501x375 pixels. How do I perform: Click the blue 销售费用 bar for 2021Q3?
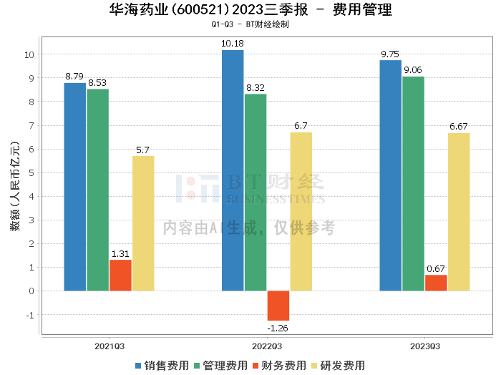tap(74, 187)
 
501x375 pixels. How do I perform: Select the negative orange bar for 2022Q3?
tap(278, 306)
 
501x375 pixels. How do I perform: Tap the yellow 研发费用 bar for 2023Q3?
tap(459, 212)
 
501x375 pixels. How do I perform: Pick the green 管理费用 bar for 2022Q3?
tap(256, 193)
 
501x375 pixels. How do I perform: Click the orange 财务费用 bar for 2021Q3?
tap(120, 276)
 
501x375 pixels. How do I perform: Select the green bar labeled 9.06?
tap(413, 184)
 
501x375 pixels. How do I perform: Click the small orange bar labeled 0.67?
tap(436, 283)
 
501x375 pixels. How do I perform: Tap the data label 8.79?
tap(74, 76)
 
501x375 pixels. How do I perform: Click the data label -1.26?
tap(278, 328)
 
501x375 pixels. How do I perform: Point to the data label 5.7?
tap(142, 150)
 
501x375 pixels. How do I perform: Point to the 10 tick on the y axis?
tap(29, 54)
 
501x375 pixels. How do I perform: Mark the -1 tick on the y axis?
tap(29, 315)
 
